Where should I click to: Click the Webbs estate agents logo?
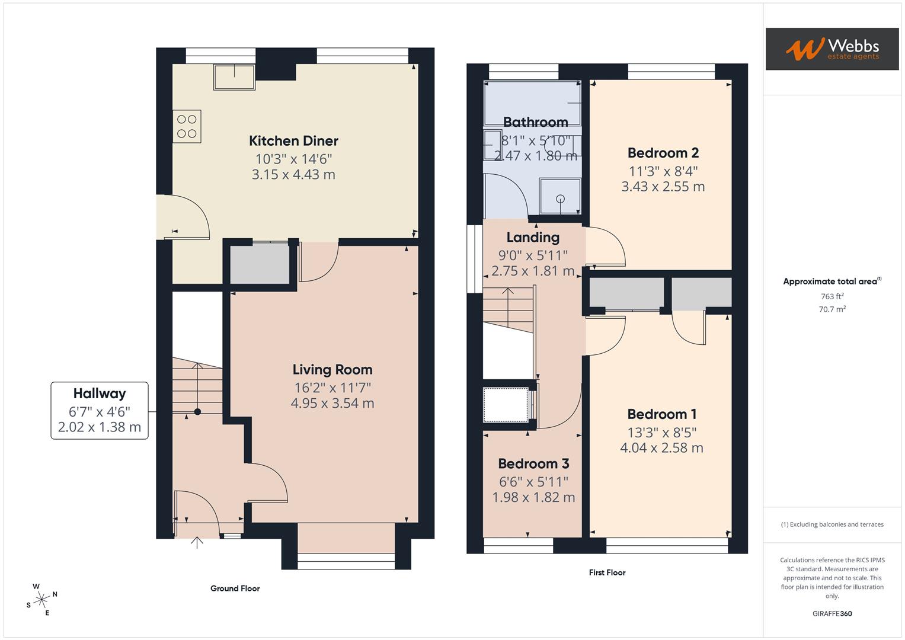click(x=832, y=49)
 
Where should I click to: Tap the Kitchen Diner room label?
click(x=293, y=141)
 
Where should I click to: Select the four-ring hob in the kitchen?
click(x=187, y=126)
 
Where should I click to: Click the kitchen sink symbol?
click(x=234, y=77)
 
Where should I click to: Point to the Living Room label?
click(x=332, y=370)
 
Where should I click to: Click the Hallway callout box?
click(x=100, y=410)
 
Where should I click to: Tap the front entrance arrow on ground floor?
click(x=197, y=542)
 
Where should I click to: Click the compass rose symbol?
click(x=41, y=600)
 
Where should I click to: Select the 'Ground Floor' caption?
click(x=235, y=588)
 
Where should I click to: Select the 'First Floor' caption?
click(x=607, y=572)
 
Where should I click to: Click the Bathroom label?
click(x=535, y=122)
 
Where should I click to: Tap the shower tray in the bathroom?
click(x=559, y=196)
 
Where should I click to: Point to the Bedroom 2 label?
click(x=663, y=153)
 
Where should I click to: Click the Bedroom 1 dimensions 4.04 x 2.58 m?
click(x=661, y=448)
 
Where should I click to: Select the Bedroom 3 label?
click(x=533, y=464)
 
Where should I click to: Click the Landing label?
click(x=533, y=238)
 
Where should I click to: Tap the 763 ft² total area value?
click(x=832, y=296)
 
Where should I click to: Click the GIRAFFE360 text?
click(x=832, y=613)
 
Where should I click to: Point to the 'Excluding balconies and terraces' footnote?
click(x=832, y=524)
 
